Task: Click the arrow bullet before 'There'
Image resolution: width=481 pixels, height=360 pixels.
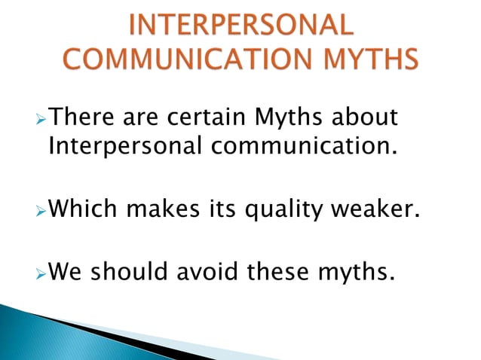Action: (x=41, y=118)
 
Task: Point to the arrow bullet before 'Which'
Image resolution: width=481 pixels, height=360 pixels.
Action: (x=41, y=206)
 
